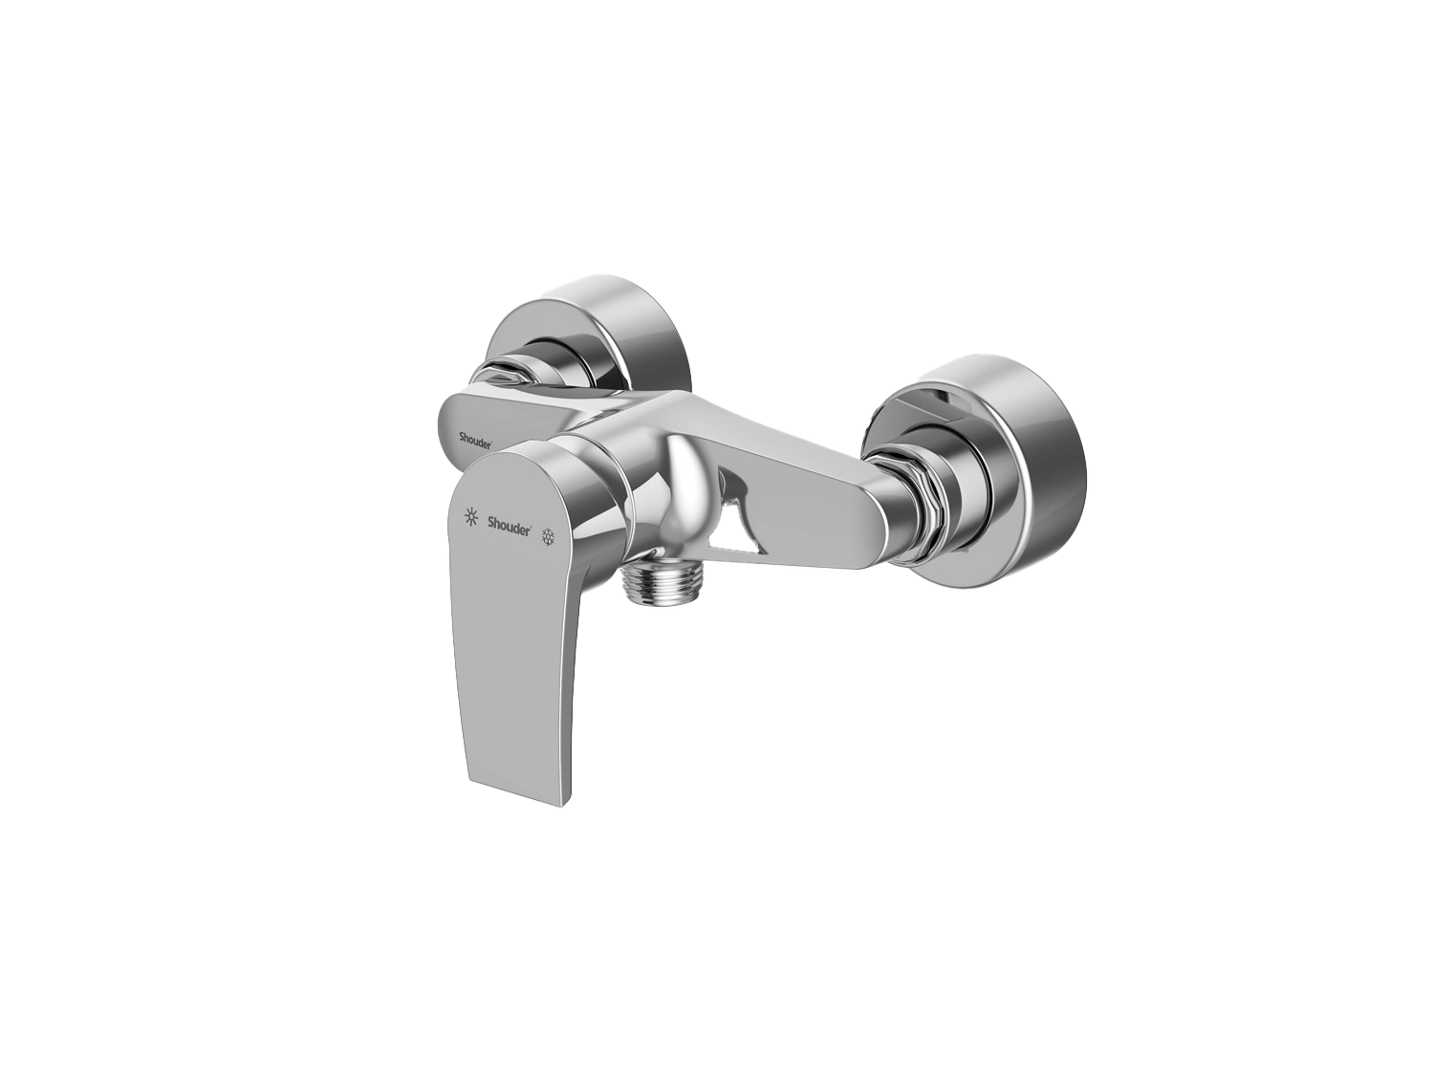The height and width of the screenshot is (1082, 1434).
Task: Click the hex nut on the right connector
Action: [x=909, y=480]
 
